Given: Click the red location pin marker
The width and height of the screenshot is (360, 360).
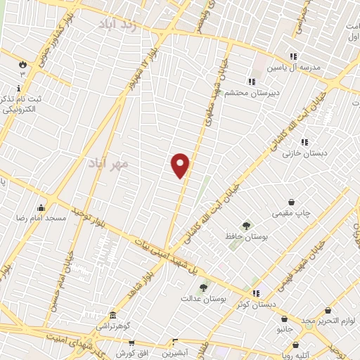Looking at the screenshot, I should tap(181, 165).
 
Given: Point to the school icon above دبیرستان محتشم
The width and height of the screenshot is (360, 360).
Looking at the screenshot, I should tap(251, 81).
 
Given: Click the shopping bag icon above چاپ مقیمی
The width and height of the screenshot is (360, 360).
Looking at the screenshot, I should tap(292, 201).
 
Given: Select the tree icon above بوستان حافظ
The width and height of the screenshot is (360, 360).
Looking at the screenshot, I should tap(245, 226).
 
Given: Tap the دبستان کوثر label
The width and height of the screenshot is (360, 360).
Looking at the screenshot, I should tap(255, 304).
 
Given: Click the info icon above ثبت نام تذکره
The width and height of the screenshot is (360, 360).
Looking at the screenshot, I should tap(18, 89).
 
